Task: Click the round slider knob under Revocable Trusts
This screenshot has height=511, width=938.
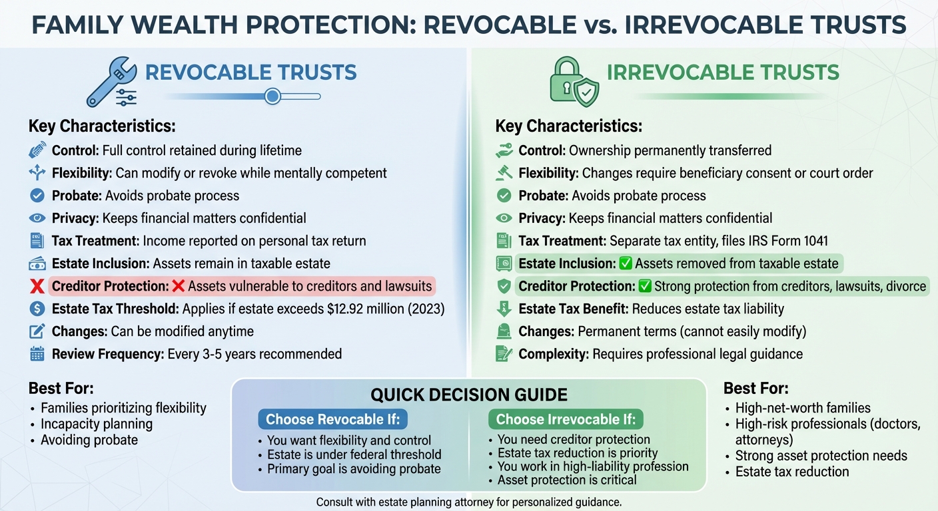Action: point(272,96)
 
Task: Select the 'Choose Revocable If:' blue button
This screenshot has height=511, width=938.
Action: point(332,419)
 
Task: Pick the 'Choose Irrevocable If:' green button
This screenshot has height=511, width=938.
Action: point(566,419)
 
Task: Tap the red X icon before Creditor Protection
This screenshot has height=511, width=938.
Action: point(37,287)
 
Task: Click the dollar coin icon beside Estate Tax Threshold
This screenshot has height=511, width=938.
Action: point(37,309)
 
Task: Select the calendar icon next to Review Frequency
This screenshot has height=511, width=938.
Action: point(37,354)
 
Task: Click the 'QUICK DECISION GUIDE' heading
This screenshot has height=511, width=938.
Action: point(468,395)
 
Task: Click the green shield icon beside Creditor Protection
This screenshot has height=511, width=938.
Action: point(504,287)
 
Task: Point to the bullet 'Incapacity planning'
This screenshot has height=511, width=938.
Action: point(97,424)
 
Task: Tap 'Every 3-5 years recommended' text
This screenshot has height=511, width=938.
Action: point(254,354)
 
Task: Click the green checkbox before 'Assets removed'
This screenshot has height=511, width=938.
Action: point(626,263)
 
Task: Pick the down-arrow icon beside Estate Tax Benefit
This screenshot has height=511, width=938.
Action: point(504,309)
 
